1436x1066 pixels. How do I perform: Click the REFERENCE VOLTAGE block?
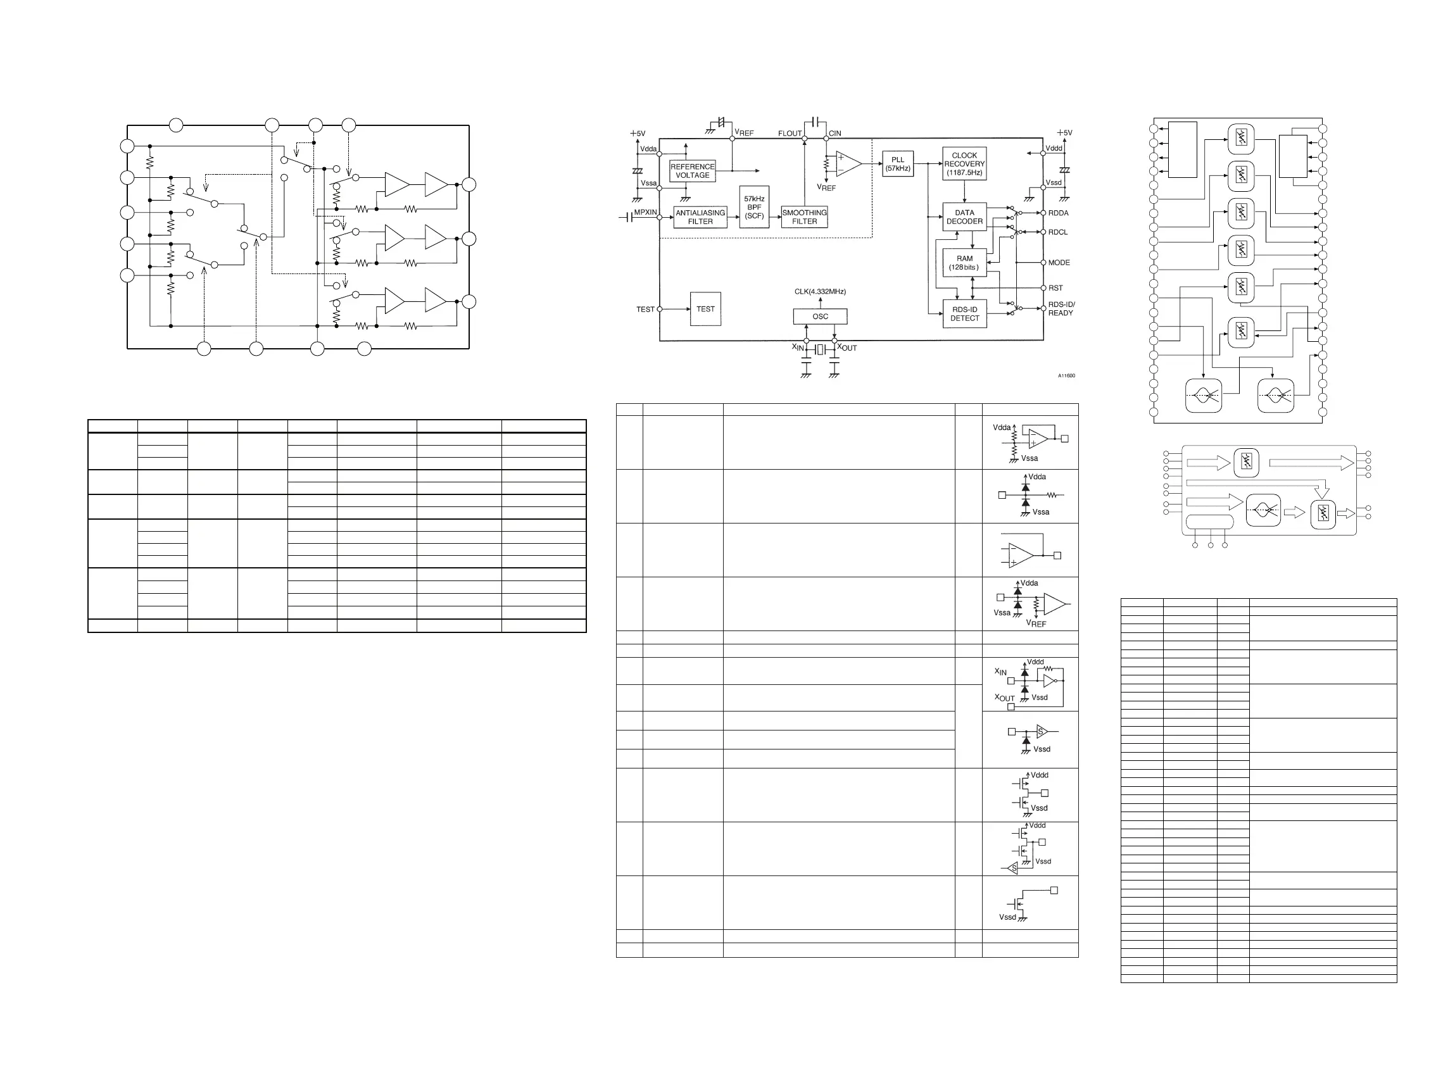pos(693,171)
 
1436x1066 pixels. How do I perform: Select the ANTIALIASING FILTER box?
pos(700,217)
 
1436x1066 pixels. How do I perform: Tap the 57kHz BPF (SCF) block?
pos(754,207)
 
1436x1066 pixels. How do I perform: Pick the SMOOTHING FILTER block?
pos(804,217)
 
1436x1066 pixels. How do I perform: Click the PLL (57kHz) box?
pos(898,164)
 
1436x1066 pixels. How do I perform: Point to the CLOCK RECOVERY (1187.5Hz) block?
pos(964,164)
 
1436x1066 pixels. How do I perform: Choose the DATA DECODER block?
pos(964,217)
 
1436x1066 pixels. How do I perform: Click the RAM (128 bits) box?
pos(964,263)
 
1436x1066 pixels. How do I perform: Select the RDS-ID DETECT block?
pos(964,313)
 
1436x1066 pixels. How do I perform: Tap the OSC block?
pos(820,316)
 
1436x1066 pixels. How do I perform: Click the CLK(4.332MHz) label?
pos(820,292)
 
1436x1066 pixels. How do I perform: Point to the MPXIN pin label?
pos(645,212)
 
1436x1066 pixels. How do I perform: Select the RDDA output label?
pos(1059,213)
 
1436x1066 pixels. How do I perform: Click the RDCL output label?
pos(1058,232)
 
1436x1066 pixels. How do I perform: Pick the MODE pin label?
pos(1059,263)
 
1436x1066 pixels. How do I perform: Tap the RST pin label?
pos(1055,288)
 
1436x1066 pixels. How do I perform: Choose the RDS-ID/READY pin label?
pos(1061,309)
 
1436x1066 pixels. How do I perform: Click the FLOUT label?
pos(790,134)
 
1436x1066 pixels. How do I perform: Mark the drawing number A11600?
pos(1066,375)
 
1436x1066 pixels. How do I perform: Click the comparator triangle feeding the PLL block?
pos(847,164)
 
